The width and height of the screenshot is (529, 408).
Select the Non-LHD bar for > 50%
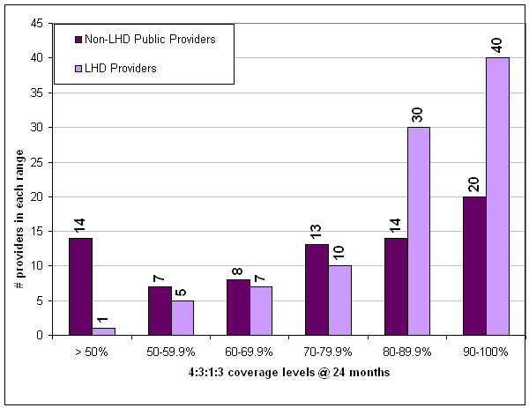click(78, 286)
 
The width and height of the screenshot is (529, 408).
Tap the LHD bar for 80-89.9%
click(418, 231)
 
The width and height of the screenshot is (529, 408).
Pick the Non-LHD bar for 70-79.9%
click(317, 290)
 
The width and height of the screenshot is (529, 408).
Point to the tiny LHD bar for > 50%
click(104, 331)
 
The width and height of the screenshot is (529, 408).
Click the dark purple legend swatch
click(78, 40)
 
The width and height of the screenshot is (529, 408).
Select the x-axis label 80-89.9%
click(406, 351)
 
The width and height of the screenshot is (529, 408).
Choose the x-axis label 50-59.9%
click(170, 351)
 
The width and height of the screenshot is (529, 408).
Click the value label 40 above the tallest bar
click(497, 44)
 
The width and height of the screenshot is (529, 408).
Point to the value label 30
click(418, 114)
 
